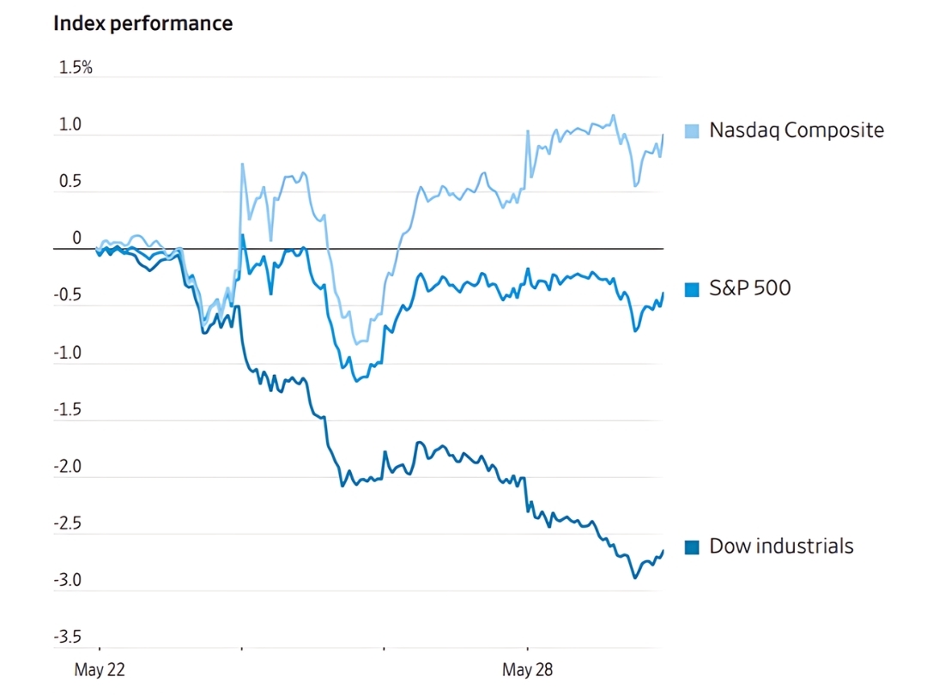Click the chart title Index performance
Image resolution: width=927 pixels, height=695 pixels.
[142, 23]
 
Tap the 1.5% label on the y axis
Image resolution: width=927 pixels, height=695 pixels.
[75, 68]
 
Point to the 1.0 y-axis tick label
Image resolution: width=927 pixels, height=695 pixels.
[70, 125]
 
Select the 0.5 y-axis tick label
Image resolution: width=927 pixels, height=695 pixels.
[70, 182]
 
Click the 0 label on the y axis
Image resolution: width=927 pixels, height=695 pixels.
[76, 239]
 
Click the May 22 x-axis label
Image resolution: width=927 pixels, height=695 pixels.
[100, 670]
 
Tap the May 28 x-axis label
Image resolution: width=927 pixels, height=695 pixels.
[526, 670]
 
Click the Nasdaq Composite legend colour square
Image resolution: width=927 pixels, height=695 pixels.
[692, 131]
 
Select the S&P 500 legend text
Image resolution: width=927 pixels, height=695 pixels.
[749, 288]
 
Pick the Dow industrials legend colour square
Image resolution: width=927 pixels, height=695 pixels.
[692, 547]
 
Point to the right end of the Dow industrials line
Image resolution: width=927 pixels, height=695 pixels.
[663, 551]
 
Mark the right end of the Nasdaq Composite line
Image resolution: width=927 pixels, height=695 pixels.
[663, 135]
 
